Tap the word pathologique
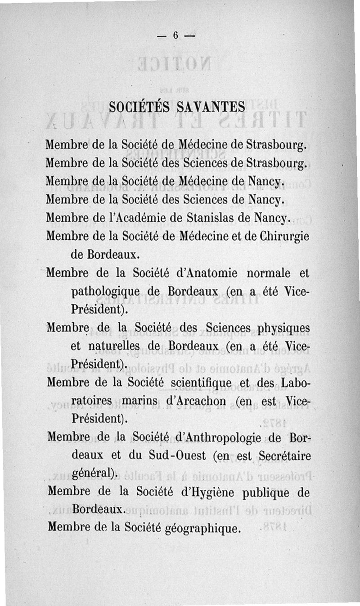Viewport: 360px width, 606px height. pos(103,293)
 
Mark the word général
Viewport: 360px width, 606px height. pos(94,473)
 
